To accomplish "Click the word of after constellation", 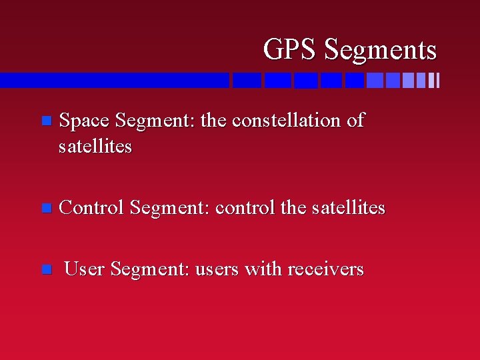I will coord(355,121).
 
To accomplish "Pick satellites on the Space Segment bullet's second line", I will coord(95,146).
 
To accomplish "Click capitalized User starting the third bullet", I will coord(85,269).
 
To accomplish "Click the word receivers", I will coord(325,269).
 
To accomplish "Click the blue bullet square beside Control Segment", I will coord(45,209).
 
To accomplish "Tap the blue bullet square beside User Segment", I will coord(45,270).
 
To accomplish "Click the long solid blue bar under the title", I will coord(113,80).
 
